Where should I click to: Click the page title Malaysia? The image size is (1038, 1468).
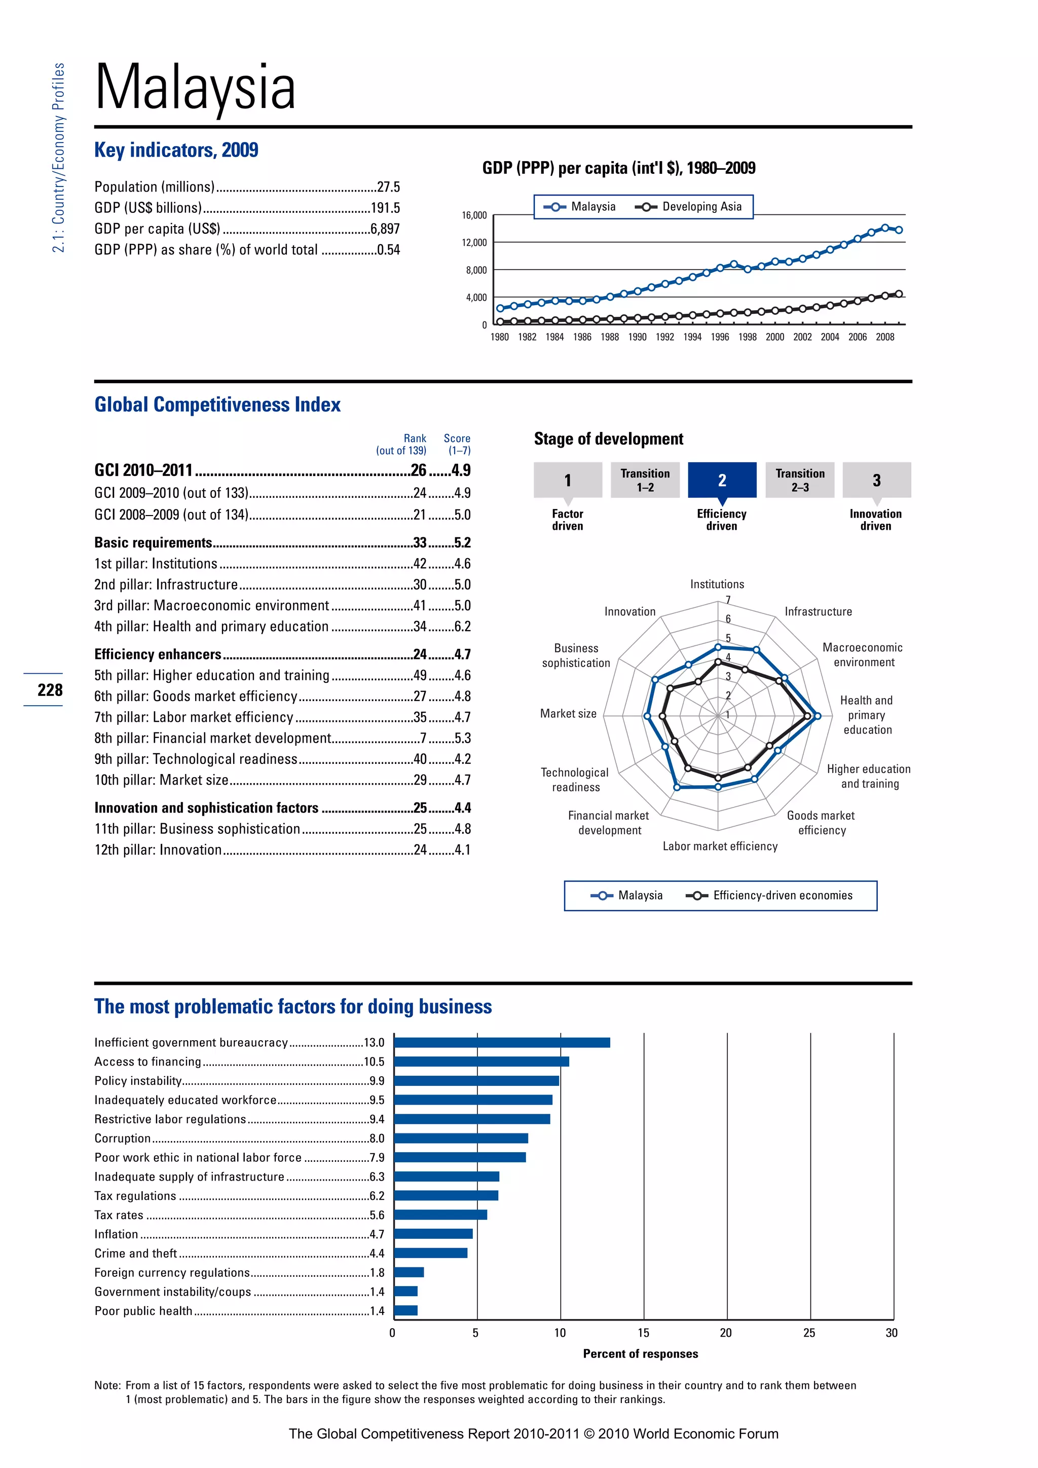(195, 87)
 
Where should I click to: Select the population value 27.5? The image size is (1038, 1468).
(388, 187)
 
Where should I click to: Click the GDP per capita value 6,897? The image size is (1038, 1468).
(385, 229)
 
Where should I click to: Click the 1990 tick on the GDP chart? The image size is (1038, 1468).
(637, 337)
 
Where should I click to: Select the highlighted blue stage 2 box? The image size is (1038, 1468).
(722, 480)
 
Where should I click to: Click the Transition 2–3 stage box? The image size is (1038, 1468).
(800, 480)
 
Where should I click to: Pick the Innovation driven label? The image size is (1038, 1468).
(875, 520)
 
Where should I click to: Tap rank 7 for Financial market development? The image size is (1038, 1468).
(423, 738)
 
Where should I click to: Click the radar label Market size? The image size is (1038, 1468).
(568, 714)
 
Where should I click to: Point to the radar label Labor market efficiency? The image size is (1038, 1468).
(720, 846)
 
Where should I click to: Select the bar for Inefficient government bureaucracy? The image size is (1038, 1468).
(502, 1042)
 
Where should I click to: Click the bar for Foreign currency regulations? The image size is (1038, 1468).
(409, 1272)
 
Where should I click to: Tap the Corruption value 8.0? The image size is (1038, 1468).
(377, 1138)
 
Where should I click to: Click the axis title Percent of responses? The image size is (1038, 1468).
(641, 1353)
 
